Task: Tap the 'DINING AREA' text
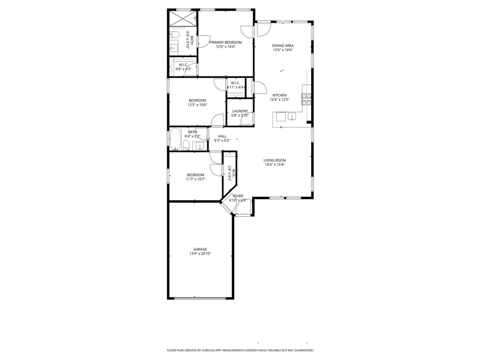pyautogui.click(x=283, y=46)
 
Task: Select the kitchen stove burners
pyautogui.click(x=306, y=99)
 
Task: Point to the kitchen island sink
pyautogui.click(x=292, y=116)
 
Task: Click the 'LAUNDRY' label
pyautogui.click(x=240, y=111)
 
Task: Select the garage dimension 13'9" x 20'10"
pyautogui.click(x=200, y=254)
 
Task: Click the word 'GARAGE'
pyautogui.click(x=200, y=249)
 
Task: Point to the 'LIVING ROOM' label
pyautogui.click(x=274, y=160)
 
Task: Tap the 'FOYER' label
pyautogui.click(x=238, y=196)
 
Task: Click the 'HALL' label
pyautogui.click(x=222, y=136)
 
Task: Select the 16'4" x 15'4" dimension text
pyautogui.click(x=274, y=165)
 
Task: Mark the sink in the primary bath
pyautogui.click(x=174, y=47)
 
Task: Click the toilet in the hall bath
pyautogui.click(x=186, y=144)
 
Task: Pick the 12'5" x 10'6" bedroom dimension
pyautogui.click(x=197, y=105)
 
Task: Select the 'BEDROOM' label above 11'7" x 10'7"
pyautogui.click(x=195, y=175)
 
